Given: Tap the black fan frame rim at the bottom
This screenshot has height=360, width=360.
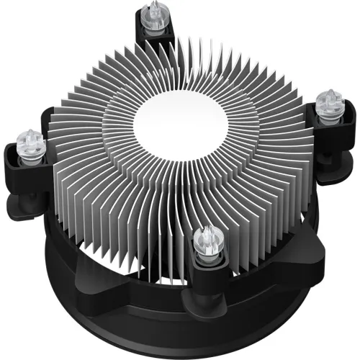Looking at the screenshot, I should point(180,338).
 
